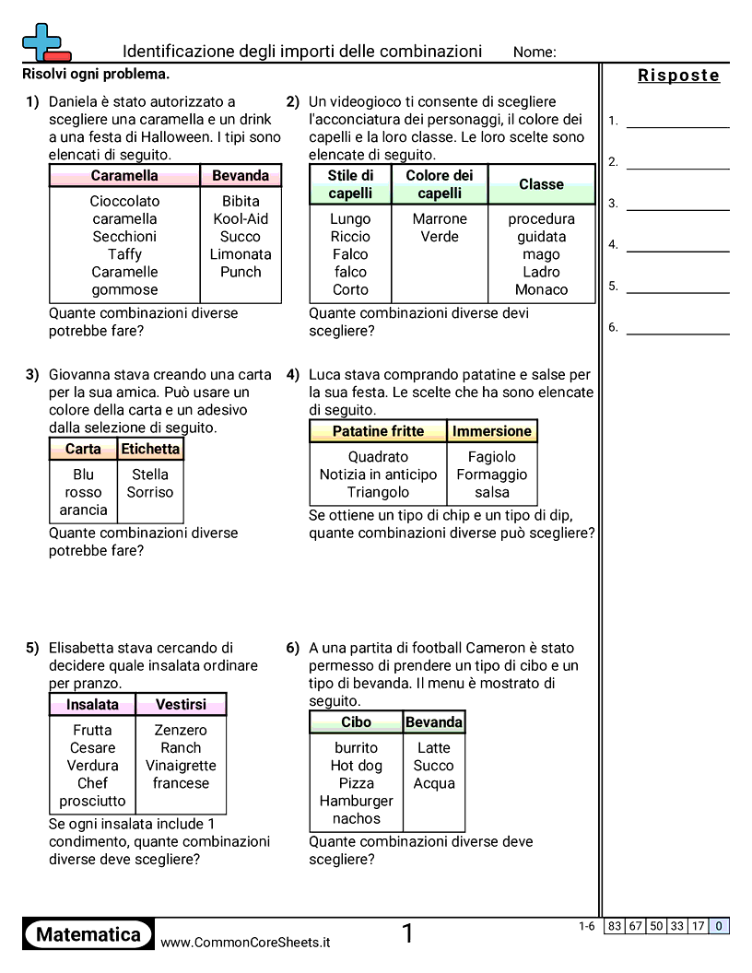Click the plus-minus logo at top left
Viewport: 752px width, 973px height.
[45, 42]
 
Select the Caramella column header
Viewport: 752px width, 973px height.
[124, 176]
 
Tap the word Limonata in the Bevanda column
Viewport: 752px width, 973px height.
[241, 254]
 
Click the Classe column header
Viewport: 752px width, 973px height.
[541, 184]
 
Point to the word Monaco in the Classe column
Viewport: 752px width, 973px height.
[541, 289]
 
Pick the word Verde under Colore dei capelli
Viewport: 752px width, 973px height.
[440, 237]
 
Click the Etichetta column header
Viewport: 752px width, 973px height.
[150, 449]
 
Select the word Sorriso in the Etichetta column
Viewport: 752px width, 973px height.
[150, 492]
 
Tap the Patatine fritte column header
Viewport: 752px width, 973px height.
[378, 431]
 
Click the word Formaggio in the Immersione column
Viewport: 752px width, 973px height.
[492, 475]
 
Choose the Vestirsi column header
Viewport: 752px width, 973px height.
[181, 705]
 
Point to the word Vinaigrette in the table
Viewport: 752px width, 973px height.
[181, 766]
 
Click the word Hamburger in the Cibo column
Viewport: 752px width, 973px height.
[356, 801]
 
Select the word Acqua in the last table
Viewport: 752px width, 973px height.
[433, 783]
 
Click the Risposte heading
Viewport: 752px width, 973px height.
[678, 76]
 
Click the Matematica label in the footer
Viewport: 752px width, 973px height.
[88, 934]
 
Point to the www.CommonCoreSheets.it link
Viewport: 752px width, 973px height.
[245, 943]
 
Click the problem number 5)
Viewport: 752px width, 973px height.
[32, 648]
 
